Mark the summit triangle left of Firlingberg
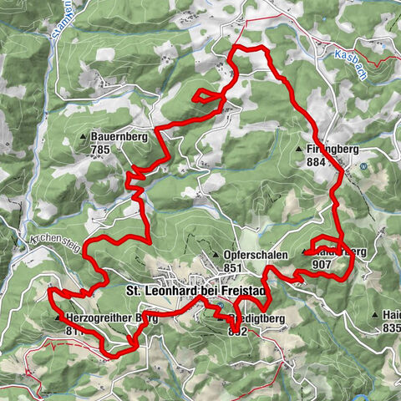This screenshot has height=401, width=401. [x=298, y=150]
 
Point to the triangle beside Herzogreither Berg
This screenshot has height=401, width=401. [x=58, y=318]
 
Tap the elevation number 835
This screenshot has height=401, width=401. [x=391, y=329]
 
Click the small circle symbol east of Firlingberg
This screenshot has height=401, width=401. [x=364, y=165]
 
